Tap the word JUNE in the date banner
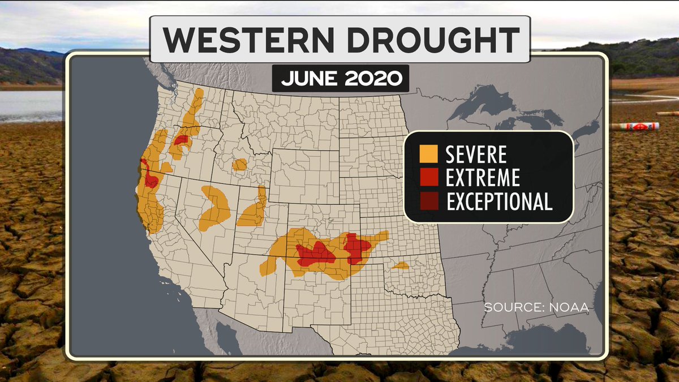pos(310,79)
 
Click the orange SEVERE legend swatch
pos(428,154)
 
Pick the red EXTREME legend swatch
pos(428,178)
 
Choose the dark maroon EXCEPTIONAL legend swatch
pos(428,201)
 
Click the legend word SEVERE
pos(476,154)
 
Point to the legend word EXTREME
pos(483,178)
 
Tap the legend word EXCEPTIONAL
pos(499,201)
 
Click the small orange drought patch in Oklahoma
pos(401,265)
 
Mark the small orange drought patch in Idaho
pos(240,165)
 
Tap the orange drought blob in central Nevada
pos(215,207)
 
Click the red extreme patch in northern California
pos(151,179)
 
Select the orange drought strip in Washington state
pos(194,108)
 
